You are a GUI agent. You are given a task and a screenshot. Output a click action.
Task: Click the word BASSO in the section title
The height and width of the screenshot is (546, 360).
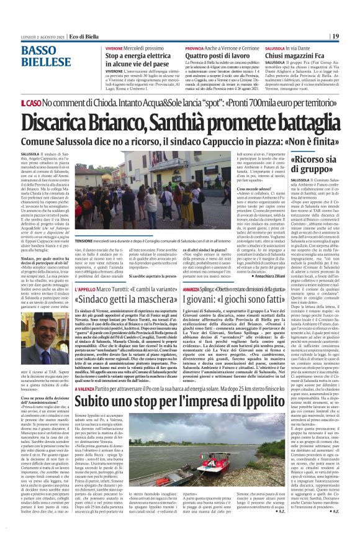point(38,50)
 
